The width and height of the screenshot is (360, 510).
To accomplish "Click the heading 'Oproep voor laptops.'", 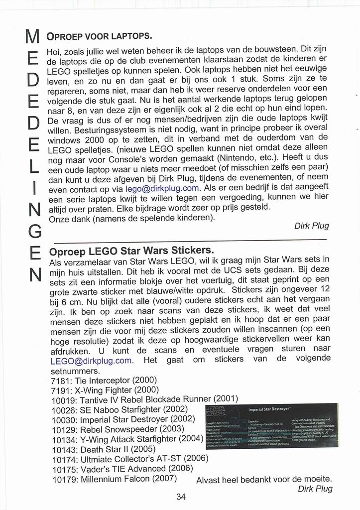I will (99, 36).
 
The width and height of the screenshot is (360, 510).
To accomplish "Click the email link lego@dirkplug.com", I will (162, 189).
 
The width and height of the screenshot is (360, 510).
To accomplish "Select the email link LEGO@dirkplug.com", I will (91, 361).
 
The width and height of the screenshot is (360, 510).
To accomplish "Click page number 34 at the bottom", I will (180, 496).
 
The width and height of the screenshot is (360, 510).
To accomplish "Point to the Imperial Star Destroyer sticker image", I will (271, 426).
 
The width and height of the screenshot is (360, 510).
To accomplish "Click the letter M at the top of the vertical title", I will (32, 38).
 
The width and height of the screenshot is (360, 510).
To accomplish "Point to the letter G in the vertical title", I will (32, 231).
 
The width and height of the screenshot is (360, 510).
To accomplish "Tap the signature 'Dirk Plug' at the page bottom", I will (315, 489).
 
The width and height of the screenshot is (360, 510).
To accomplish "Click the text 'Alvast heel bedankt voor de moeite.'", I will (264, 480).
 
